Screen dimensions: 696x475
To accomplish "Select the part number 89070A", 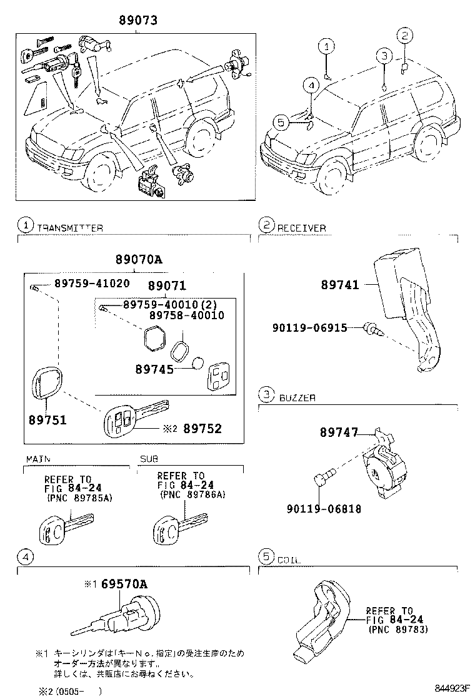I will [139, 260].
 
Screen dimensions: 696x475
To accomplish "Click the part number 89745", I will [154, 369].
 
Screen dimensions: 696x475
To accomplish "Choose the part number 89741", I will [341, 285].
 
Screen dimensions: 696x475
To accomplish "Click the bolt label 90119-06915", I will [309, 327].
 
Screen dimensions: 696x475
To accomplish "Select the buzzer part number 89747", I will [339, 432].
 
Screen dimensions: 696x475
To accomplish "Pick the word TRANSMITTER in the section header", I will [70, 228].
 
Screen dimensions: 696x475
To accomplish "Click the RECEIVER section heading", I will [301, 228].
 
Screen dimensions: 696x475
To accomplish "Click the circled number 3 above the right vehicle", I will [384, 56].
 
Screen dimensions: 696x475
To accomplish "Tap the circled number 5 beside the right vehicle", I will [281, 123].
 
